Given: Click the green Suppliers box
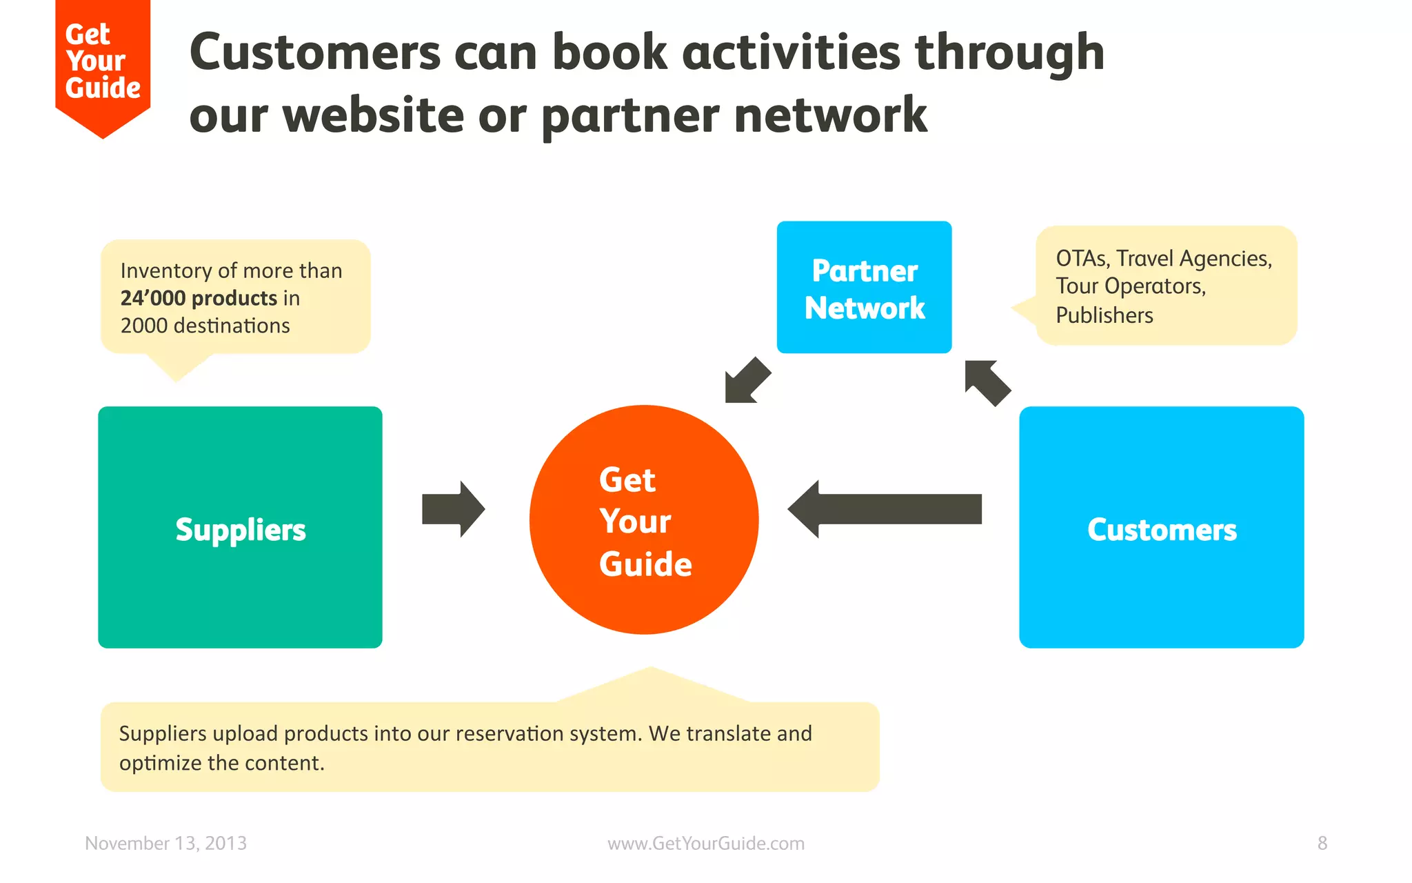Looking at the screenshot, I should point(240,528).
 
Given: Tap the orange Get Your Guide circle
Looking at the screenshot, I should point(644,519).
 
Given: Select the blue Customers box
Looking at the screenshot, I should point(1161,528).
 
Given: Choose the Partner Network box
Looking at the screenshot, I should point(864,288).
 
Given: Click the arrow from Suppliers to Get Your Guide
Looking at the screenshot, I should point(454,509).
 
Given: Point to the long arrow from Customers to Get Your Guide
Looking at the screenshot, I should point(886,509).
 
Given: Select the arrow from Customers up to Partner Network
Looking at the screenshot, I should point(987,382).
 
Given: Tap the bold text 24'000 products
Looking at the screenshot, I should point(199,298).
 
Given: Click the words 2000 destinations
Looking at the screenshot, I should point(205,326).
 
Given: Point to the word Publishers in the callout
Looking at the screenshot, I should point(1104,315).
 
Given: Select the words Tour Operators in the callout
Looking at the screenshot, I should point(1131,286).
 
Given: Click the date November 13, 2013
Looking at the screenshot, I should point(165,843).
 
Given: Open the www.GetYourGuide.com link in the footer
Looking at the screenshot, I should point(705,843).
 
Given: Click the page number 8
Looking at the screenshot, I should point(1322,843).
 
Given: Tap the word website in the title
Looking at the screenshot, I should point(373,115).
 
